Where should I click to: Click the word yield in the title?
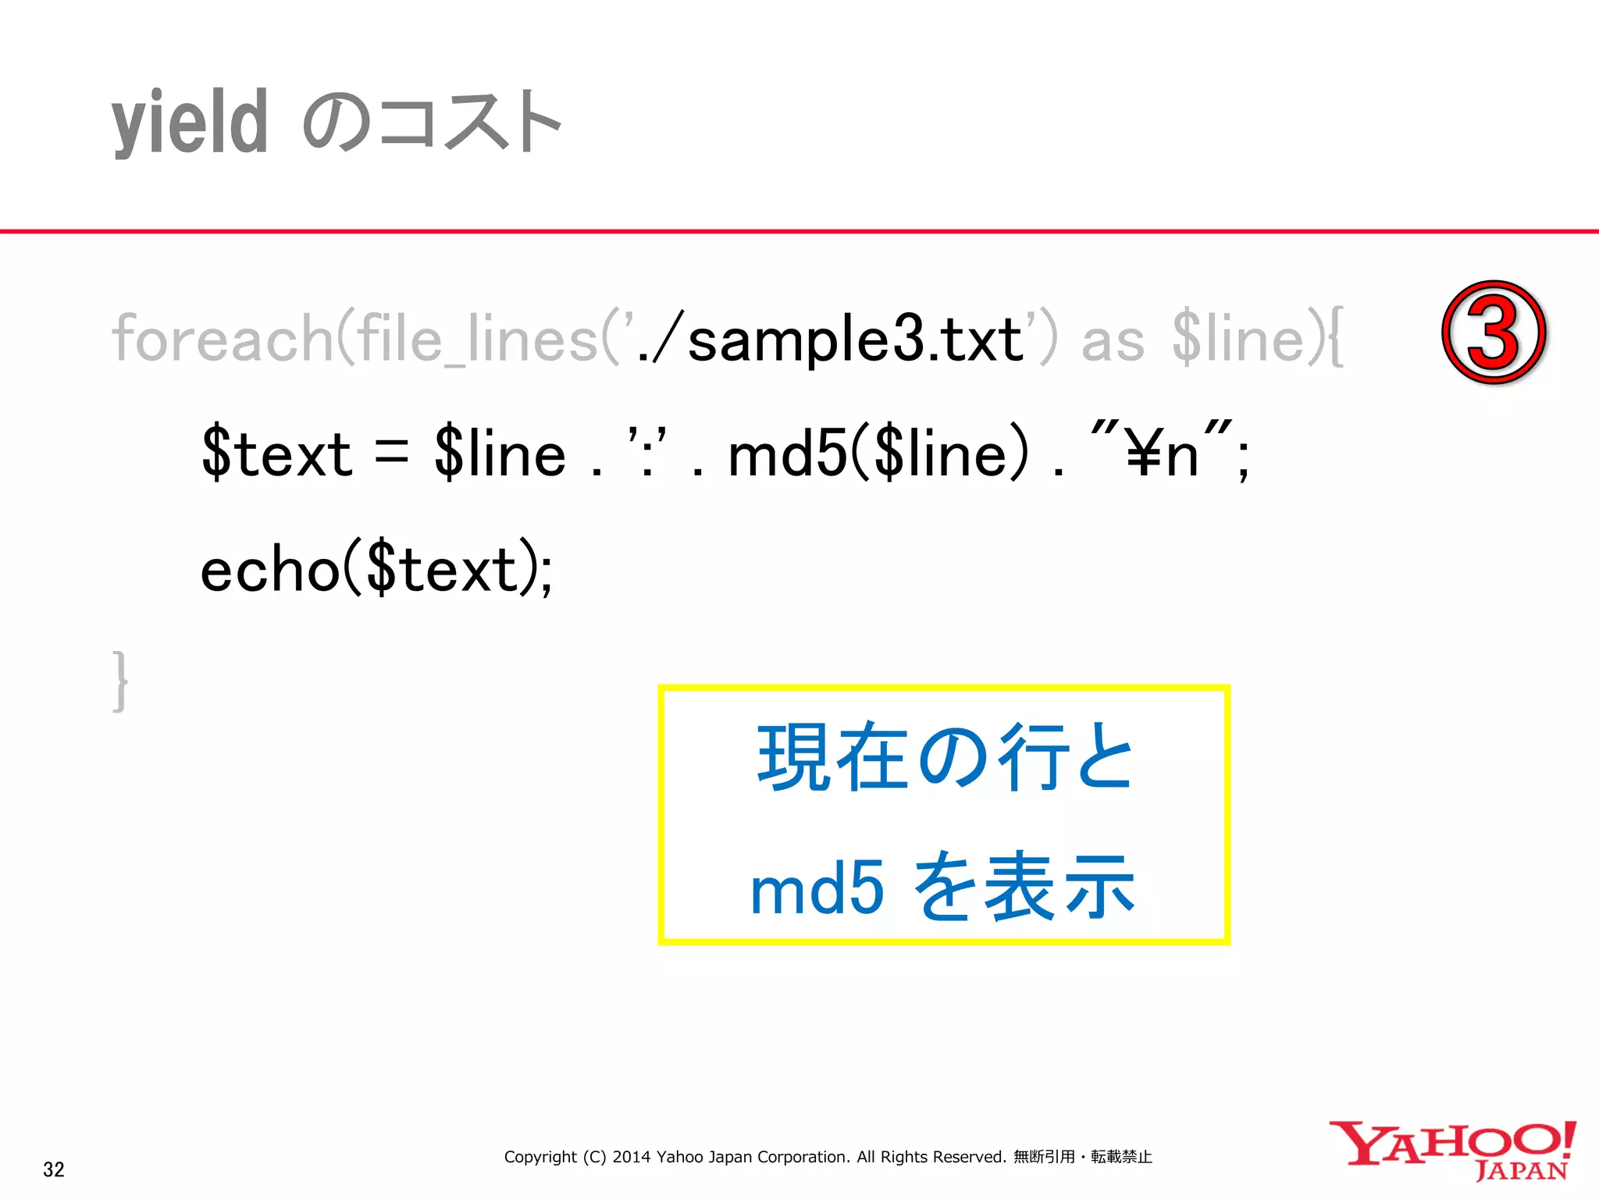pos(190,123)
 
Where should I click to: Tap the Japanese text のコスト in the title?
pos(432,123)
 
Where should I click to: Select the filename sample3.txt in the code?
pos(855,340)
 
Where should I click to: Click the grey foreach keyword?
pos(223,339)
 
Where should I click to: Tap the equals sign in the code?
pos(391,453)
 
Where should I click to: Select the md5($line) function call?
pos(878,453)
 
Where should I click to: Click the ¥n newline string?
pos(1162,453)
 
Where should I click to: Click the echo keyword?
pos(269,570)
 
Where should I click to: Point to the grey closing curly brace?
pos(119,681)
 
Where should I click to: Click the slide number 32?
pos(53,1169)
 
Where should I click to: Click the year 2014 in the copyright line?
pos(631,1157)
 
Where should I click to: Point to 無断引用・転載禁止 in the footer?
pos(1082,1157)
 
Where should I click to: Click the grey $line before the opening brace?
pos(1238,339)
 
